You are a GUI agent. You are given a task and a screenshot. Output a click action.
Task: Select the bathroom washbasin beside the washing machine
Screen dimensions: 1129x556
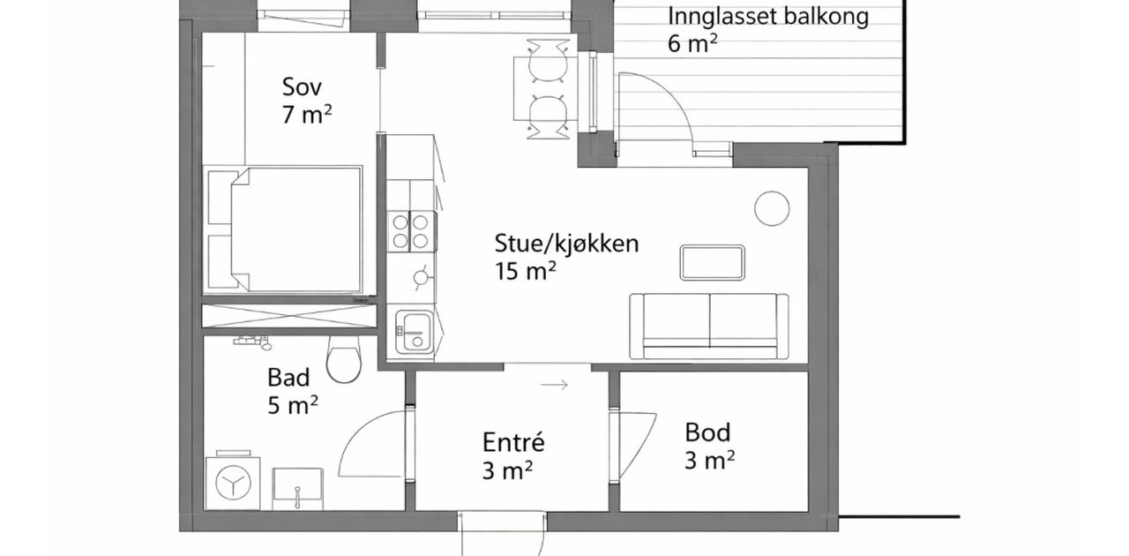297,488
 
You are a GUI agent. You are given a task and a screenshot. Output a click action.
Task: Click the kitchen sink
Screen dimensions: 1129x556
415,332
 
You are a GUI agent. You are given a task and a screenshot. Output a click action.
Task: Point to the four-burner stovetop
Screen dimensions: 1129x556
411,231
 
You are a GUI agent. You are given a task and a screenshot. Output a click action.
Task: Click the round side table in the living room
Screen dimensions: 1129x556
772,209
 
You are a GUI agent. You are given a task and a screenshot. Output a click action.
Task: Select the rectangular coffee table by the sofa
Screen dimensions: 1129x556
712,262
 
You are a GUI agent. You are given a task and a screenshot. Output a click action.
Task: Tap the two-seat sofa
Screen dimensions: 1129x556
709,326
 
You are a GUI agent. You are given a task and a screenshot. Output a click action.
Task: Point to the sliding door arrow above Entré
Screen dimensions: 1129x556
555,385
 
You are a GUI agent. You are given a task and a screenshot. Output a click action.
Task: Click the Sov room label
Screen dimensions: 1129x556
302,86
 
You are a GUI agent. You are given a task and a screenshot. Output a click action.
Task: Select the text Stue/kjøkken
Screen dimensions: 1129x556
566,244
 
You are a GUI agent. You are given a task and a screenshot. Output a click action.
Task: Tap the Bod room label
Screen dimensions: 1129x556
707,432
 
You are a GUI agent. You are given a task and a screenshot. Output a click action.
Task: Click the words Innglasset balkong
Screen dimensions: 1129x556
768,16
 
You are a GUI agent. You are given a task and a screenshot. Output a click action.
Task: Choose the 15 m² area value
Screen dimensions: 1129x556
525,271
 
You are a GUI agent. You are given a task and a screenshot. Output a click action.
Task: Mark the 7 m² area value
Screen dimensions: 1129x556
307,115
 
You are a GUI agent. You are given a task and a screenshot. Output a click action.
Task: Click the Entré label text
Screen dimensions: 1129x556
513,442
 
